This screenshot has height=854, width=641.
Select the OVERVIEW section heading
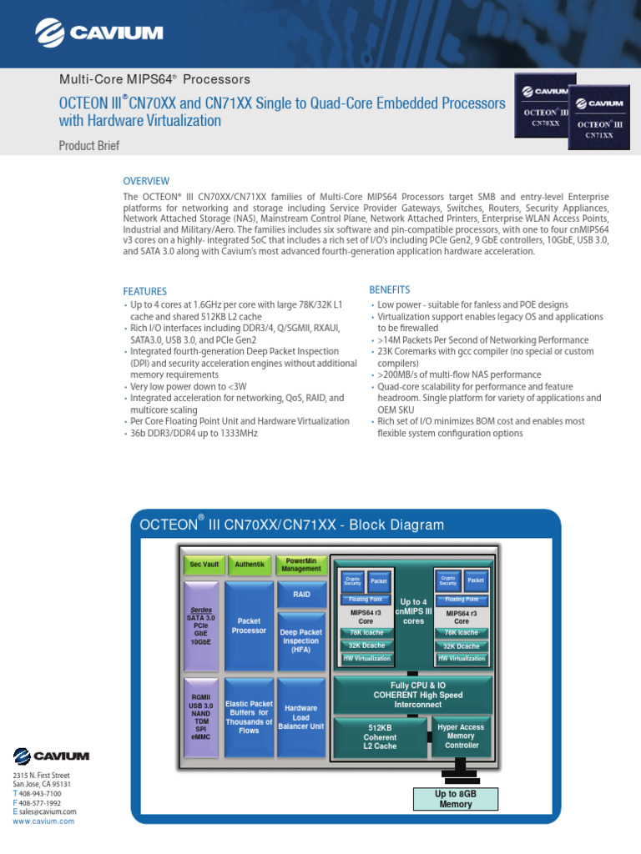pos(146,181)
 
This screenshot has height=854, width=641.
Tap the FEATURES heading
pos(145,292)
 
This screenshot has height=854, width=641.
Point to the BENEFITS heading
pos(390,289)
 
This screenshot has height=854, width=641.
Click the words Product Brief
pos(88,146)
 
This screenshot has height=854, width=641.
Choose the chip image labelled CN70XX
pos(545,106)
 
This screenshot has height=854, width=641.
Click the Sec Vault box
pos(204,565)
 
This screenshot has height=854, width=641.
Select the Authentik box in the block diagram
pos(250,565)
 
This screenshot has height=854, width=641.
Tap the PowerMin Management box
pos(300,565)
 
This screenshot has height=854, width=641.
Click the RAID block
pos(301,595)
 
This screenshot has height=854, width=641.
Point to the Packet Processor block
pos(250,625)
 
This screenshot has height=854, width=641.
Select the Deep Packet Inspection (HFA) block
pos(301,641)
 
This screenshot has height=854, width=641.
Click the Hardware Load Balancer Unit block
pos(301,717)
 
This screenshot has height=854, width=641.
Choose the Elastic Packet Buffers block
pos(250,717)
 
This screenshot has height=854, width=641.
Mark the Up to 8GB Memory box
pos(456,799)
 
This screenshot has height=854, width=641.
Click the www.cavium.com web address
pos(43,821)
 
